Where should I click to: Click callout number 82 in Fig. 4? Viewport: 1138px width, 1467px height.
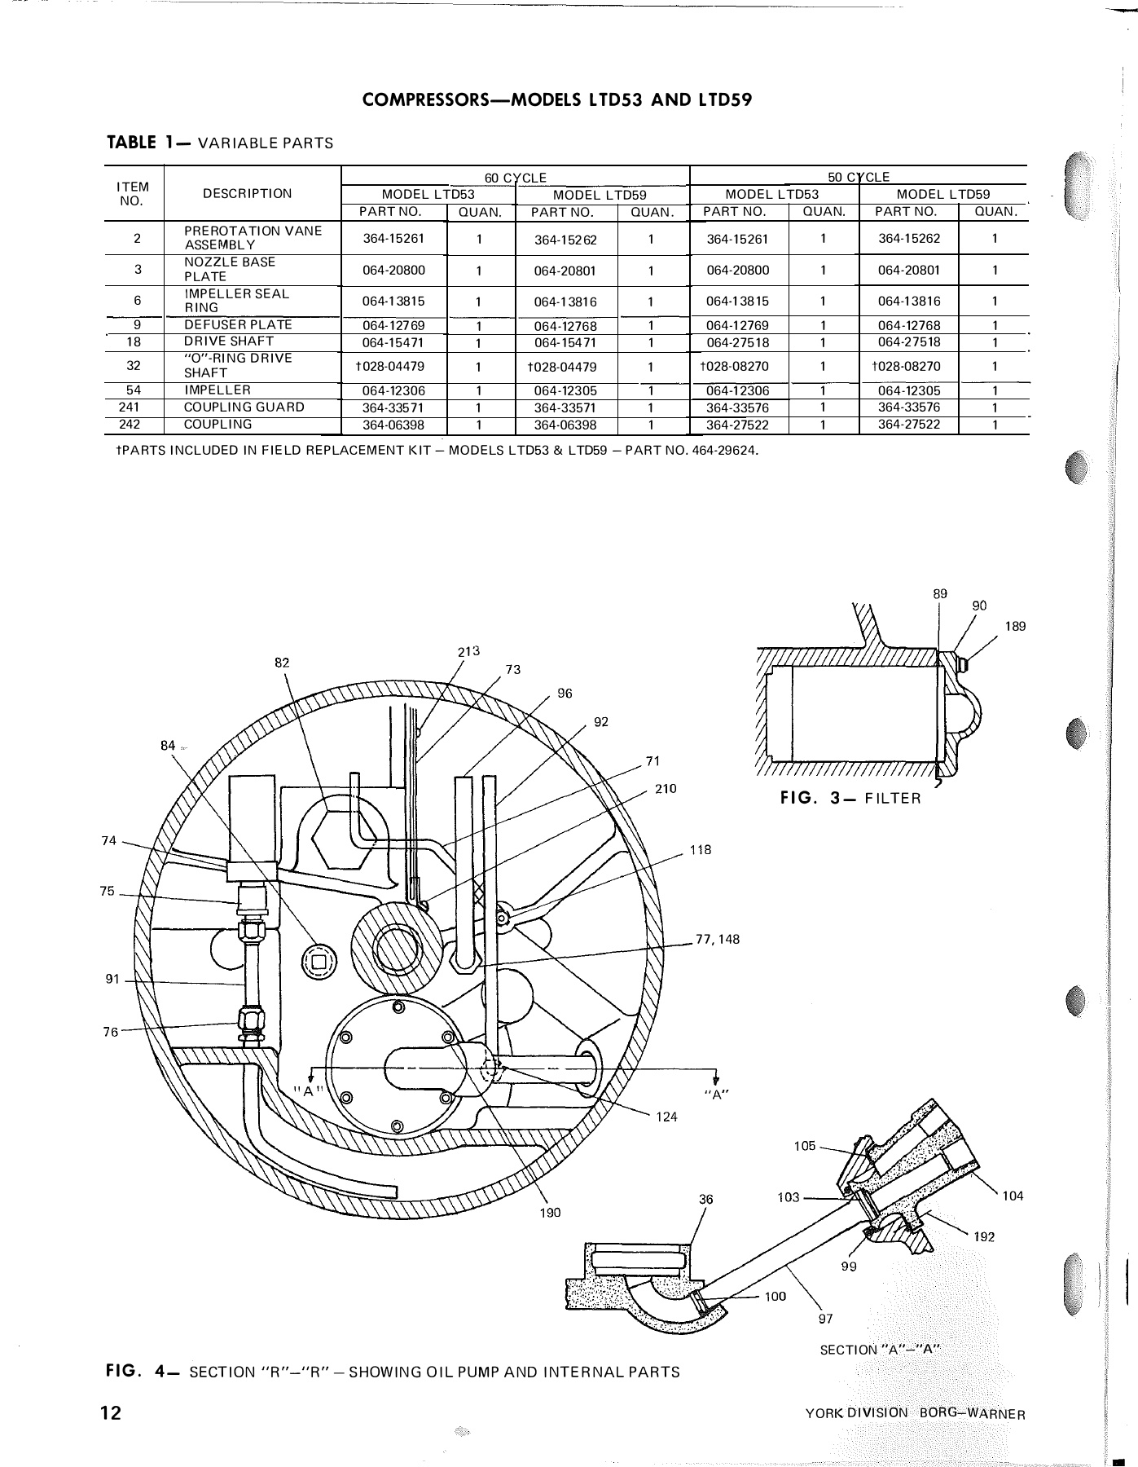pyautogui.click(x=282, y=663)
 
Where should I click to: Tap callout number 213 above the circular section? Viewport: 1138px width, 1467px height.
pyautogui.click(x=469, y=651)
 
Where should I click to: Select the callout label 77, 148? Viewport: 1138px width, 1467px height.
pyautogui.click(x=718, y=939)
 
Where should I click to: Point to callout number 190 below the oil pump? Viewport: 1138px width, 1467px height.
pyautogui.click(x=551, y=1213)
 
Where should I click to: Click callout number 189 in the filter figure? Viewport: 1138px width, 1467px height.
pyautogui.click(x=1015, y=626)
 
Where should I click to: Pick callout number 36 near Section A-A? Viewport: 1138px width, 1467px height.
pyautogui.click(x=706, y=1199)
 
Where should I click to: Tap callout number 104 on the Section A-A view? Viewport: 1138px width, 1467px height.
pyautogui.click(x=1013, y=1196)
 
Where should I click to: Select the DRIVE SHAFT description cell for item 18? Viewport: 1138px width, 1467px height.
pyautogui.click(x=228, y=341)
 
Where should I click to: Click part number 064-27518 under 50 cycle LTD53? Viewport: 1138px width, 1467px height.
pyautogui.click(x=737, y=342)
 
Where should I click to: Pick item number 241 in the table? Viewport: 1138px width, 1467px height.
pyautogui.click(x=135, y=407)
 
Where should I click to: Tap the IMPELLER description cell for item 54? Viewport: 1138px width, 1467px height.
pyautogui.click(x=217, y=390)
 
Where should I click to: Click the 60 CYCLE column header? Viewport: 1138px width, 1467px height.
pyautogui.click(x=515, y=177)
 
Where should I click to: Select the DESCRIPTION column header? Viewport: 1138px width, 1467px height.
pyautogui.click(x=247, y=194)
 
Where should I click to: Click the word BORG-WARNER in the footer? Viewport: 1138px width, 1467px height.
pyautogui.click(x=972, y=1413)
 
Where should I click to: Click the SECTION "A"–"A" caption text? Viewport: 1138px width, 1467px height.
pyautogui.click(x=879, y=1350)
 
